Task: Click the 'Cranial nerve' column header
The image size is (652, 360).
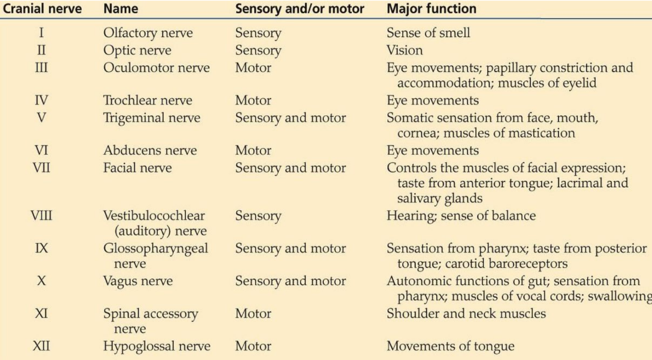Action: pyautogui.click(x=42, y=9)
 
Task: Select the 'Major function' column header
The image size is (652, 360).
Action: pyautogui.click(x=431, y=9)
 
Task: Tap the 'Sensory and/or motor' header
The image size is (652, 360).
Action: pyautogui.click(x=300, y=9)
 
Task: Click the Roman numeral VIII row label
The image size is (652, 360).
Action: pyautogui.click(x=41, y=216)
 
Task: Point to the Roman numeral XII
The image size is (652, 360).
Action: pyautogui.click(x=41, y=346)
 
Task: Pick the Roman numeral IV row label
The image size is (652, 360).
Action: pyautogui.click(x=41, y=100)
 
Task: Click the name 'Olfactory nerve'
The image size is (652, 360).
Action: pyautogui.click(x=148, y=33)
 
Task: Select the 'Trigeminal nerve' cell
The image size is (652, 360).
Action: pyautogui.click(x=152, y=118)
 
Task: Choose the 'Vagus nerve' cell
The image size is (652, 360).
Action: pyautogui.click(x=138, y=281)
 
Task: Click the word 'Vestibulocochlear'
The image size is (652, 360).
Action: pyautogui.click(x=154, y=216)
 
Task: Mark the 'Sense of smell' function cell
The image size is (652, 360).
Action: pyautogui.click(x=428, y=33)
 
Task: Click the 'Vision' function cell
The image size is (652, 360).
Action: pyautogui.click(x=405, y=50)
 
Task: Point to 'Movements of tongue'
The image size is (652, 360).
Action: pyautogui.click(x=451, y=346)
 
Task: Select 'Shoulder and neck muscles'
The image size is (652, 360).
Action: pyautogui.click(x=466, y=313)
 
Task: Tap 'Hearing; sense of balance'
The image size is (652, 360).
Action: pyautogui.click(x=461, y=216)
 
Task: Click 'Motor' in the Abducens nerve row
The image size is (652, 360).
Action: pyautogui.click(x=253, y=150)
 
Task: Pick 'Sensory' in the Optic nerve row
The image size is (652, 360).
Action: pyautogui.click(x=258, y=51)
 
